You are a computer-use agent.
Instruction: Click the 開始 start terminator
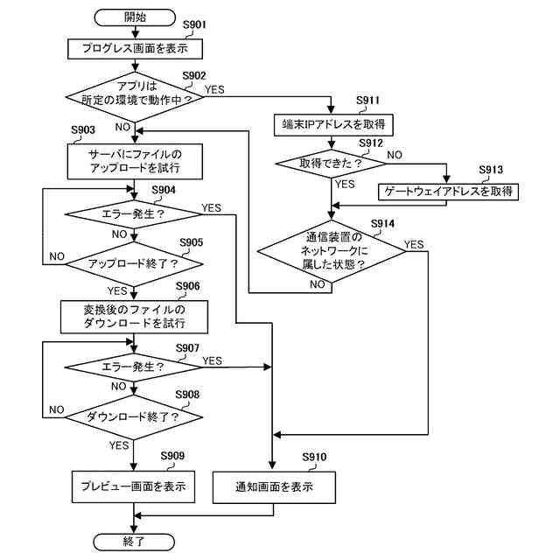pyautogui.click(x=135, y=17)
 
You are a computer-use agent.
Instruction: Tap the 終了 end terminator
pyautogui.click(x=134, y=542)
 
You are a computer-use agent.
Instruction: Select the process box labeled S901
pyautogui.click(x=135, y=49)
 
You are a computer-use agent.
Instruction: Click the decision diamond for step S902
pyautogui.click(x=135, y=97)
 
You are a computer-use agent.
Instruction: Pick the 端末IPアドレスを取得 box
pyautogui.click(x=333, y=125)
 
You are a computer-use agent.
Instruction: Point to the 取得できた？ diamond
pyautogui.click(x=331, y=164)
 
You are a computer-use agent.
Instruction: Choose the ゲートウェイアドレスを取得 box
pyautogui.click(x=448, y=192)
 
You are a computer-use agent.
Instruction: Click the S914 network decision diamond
pyautogui.click(x=332, y=251)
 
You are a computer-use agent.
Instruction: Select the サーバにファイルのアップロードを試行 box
pyautogui.click(x=135, y=161)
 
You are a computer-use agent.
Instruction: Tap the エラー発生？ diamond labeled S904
pyautogui.click(x=134, y=214)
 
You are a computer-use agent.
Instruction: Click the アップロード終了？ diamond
pyautogui.click(x=134, y=264)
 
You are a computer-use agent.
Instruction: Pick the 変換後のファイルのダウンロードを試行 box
pyautogui.click(x=134, y=317)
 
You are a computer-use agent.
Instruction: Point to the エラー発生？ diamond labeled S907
pyautogui.click(x=134, y=367)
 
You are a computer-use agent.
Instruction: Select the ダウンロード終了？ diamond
pyautogui.click(x=134, y=417)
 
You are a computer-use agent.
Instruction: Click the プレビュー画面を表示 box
pyautogui.click(x=134, y=486)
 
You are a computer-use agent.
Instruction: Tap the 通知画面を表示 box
pyautogui.click(x=274, y=487)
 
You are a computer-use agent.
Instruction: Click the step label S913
pyautogui.click(x=491, y=170)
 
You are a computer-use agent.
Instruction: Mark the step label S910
pyautogui.click(x=314, y=457)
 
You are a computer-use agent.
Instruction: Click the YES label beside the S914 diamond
pyautogui.click(x=414, y=245)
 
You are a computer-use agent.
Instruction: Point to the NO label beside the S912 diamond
pyautogui.click(x=395, y=155)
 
